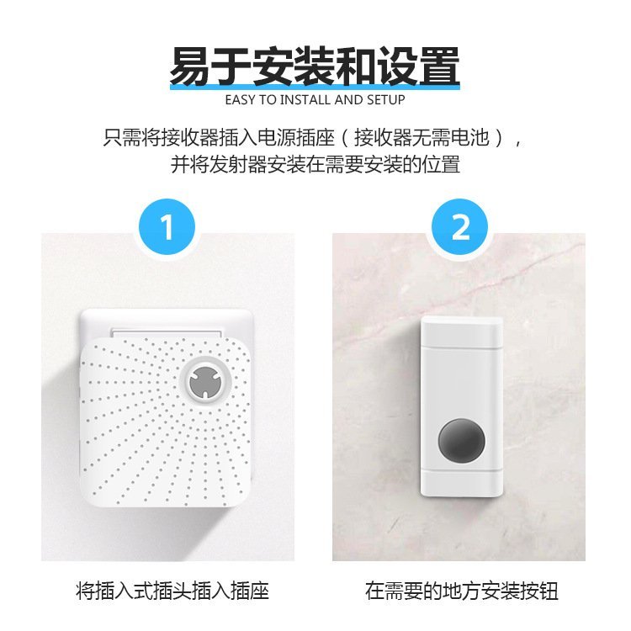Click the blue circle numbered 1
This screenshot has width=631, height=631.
[167, 227]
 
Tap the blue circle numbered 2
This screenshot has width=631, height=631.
[459, 227]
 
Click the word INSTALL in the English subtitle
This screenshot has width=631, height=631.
[305, 100]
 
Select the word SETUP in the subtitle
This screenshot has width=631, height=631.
[385, 100]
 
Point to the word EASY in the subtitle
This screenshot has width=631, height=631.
[240, 100]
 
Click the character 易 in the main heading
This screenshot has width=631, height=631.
[190, 66]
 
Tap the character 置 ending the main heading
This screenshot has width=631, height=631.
[439, 66]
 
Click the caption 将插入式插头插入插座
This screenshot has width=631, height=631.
[172, 591]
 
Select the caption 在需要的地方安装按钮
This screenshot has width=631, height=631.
[462, 591]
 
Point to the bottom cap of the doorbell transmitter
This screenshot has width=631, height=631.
[462, 483]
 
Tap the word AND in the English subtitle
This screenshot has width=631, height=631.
[349, 100]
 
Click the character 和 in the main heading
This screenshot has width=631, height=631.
[357, 66]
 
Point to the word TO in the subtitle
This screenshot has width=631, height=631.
[268, 100]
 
